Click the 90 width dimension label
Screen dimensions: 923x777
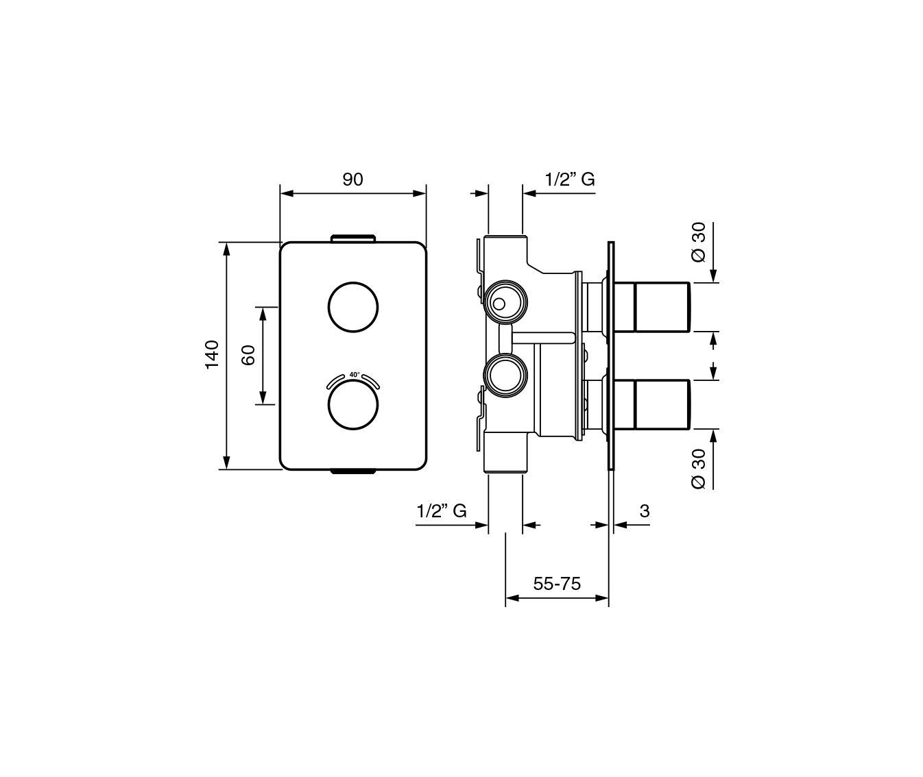[x=352, y=180]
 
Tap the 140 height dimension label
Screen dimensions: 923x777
[x=212, y=355]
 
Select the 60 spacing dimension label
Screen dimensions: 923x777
[x=248, y=355]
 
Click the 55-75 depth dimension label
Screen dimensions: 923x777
[x=557, y=584]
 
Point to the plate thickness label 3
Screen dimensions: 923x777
[x=645, y=511]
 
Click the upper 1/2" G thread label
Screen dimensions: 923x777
[x=570, y=180]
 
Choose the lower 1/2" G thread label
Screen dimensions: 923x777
[x=442, y=511]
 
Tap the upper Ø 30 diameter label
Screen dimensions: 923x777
[x=699, y=242]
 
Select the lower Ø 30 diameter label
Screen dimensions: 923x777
[x=699, y=469]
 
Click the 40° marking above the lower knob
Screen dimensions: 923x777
[x=355, y=375]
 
